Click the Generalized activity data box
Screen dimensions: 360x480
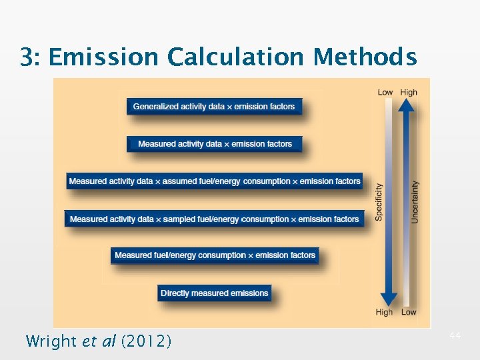213,107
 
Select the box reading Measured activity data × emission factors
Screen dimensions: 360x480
215,144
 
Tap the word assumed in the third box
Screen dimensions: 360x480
179,181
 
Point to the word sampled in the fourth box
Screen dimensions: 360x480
179,219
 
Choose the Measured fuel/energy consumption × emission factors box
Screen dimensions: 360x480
215,255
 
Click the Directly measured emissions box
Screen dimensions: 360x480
215,293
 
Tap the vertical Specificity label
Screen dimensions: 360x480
379,202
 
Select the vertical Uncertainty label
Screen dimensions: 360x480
415,202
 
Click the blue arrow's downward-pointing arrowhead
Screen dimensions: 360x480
385,299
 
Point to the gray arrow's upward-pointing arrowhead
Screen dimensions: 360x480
409,107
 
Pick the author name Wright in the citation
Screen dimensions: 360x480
51,341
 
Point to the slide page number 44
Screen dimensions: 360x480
455,335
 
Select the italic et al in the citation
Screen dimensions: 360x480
99,341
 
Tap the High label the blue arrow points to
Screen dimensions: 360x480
384,312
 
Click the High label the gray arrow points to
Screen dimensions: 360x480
409,93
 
